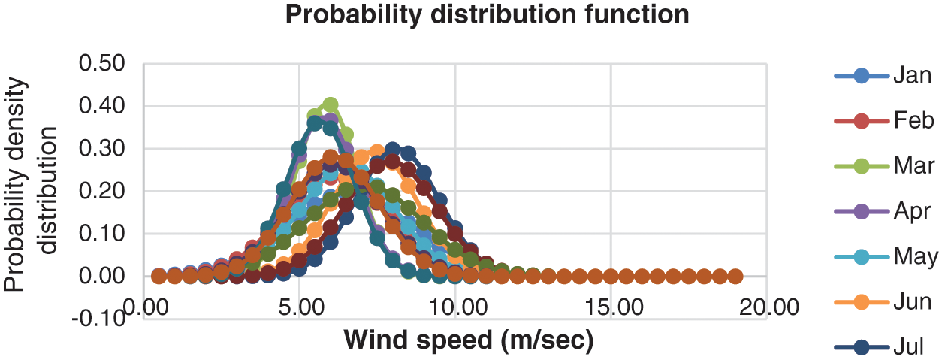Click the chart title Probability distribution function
(x=488, y=15)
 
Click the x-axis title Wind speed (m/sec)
(x=469, y=340)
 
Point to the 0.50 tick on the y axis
(x=103, y=64)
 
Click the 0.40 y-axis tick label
(x=103, y=106)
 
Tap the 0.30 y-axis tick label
(x=103, y=149)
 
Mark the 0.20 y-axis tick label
(x=103, y=191)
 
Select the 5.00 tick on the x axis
(x=300, y=309)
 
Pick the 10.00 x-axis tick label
(x=454, y=309)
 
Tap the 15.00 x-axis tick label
(x=611, y=309)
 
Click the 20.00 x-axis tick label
(x=766, y=309)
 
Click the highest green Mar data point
(x=331, y=104)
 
